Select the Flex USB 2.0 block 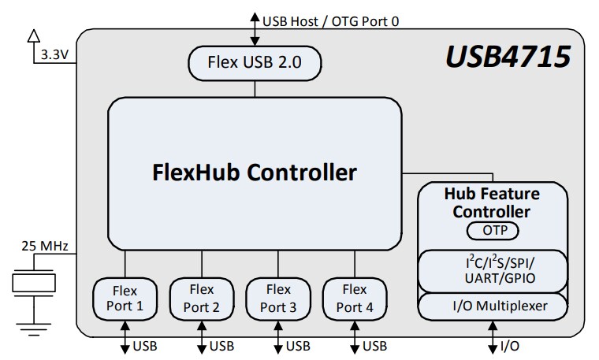254,62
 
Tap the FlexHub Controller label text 254,172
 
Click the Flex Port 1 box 124,298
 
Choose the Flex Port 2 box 201,298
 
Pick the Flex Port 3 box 277,298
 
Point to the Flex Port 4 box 354,298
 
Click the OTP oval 492,231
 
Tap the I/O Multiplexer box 492,306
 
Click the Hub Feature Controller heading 492,202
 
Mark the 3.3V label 53,55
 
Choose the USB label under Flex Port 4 374,346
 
